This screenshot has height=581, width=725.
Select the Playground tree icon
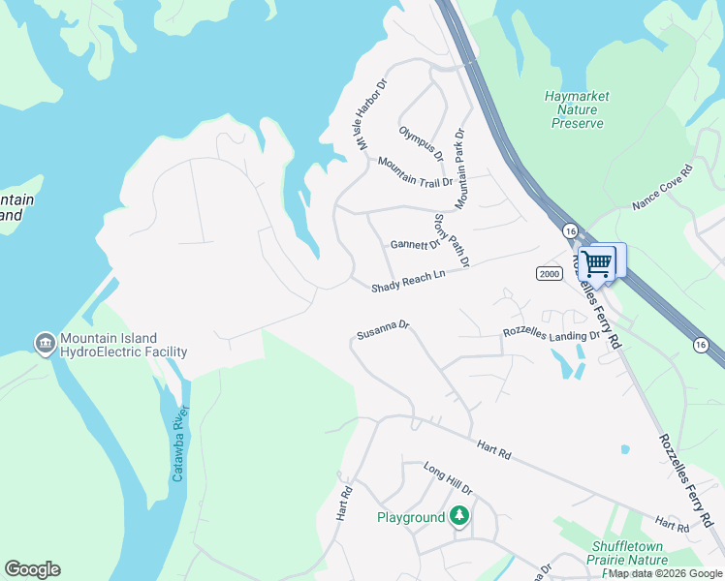point(460,517)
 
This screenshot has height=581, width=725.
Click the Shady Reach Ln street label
point(408,281)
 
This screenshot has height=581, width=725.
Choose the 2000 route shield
point(549,274)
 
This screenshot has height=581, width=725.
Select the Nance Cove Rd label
point(663,188)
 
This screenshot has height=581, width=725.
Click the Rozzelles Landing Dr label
point(551,333)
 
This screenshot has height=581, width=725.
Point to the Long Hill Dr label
point(447,477)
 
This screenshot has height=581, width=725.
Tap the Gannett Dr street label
point(415,244)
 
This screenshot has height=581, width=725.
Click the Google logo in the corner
point(32,569)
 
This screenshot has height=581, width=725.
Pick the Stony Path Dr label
point(452,240)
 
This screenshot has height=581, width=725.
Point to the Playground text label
point(410,518)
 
